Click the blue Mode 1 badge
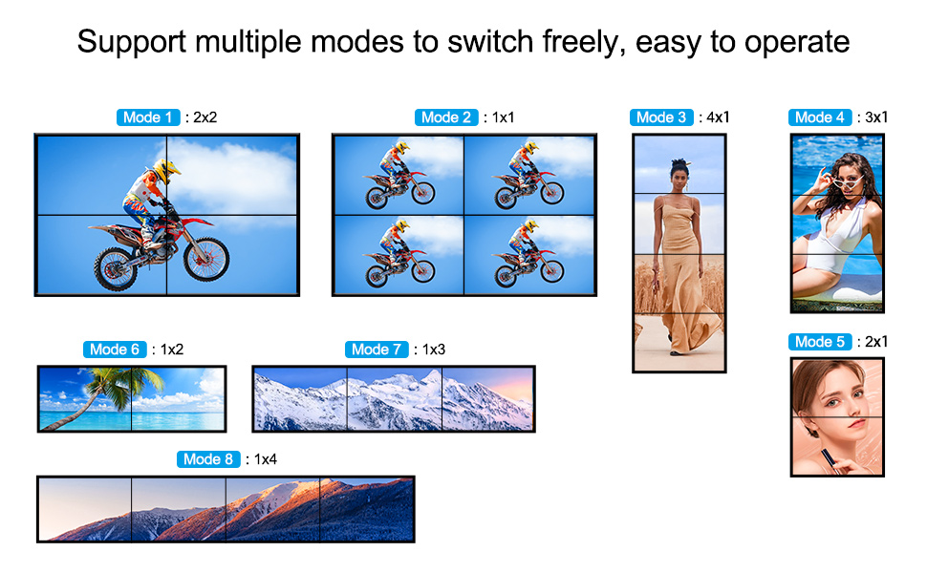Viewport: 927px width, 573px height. tap(148, 117)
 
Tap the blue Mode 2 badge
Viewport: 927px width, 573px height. tap(445, 117)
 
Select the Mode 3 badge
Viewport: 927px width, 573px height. tap(661, 117)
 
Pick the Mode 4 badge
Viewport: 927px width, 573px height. tap(819, 117)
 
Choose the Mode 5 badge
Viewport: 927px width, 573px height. tap(819, 342)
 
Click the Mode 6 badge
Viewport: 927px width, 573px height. tap(115, 350)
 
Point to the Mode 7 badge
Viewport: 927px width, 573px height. tap(377, 350)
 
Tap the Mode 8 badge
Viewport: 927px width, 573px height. tap(208, 459)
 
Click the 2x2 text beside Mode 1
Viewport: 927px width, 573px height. tap(205, 117)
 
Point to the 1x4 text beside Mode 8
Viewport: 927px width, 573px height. tap(266, 459)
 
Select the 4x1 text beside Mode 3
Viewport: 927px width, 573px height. tap(718, 117)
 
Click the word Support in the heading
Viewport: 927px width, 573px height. tap(132, 43)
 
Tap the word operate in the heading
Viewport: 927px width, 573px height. tap(797, 43)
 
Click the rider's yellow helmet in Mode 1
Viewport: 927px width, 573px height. tap(165, 170)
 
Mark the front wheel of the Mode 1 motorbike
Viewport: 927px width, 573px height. tap(206, 259)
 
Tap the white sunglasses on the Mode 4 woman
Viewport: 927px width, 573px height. tap(847, 182)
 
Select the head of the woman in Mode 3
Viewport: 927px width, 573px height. tap(679, 173)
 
